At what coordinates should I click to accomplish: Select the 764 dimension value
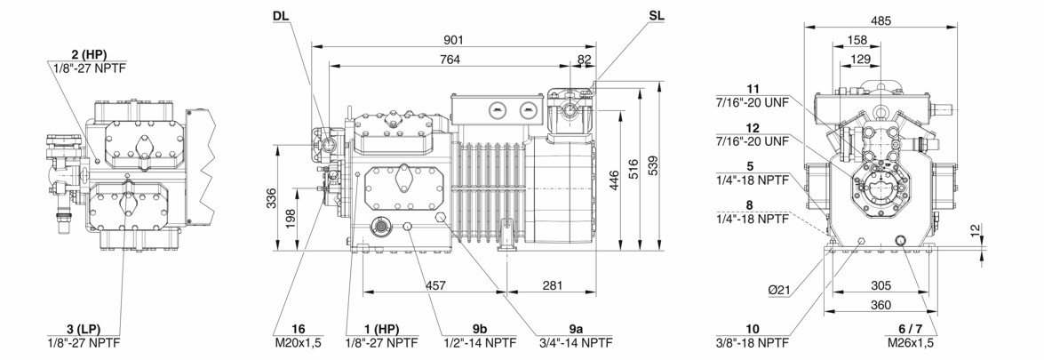[x=450, y=59]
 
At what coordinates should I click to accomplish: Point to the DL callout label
[x=281, y=15]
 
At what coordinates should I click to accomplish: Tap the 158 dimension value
[x=857, y=40]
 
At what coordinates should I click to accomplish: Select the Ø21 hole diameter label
[x=779, y=289]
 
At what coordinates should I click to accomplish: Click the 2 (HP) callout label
[x=89, y=54]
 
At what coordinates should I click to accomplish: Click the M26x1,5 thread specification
[x=909, y=342]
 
